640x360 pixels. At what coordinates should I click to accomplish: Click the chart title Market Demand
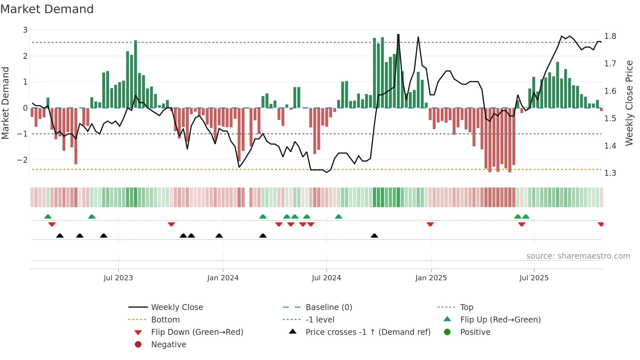pyautogui.click(x=47, y=9)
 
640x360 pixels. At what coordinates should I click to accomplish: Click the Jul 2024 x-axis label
pyautogui.click(x=326, y=278)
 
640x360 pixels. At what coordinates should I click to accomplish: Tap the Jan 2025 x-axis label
pyautogui.click(x=431, y=278)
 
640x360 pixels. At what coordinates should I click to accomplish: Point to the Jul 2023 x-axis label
pyautogui.click(x=118, y=278)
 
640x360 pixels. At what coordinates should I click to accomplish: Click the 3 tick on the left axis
pyautogui.click(x=25, y=30)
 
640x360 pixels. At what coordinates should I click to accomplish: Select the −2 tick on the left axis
pyautogui.click(x=22, y=160)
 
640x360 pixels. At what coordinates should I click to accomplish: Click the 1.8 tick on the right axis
pyautogui.click(x=610, y=36)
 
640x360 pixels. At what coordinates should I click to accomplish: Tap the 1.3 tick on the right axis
pyautogui.click(x=610, y=173)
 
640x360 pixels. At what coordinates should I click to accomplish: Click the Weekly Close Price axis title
pyautogui.click(x=629, y=103)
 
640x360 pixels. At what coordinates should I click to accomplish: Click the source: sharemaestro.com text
pyautogui.click(x=578, y=256)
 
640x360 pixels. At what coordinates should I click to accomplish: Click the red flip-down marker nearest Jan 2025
pyautogui.click(x=430, y=224)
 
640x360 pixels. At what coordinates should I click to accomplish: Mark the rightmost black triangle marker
pyautogui.click(x=375, y=236)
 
